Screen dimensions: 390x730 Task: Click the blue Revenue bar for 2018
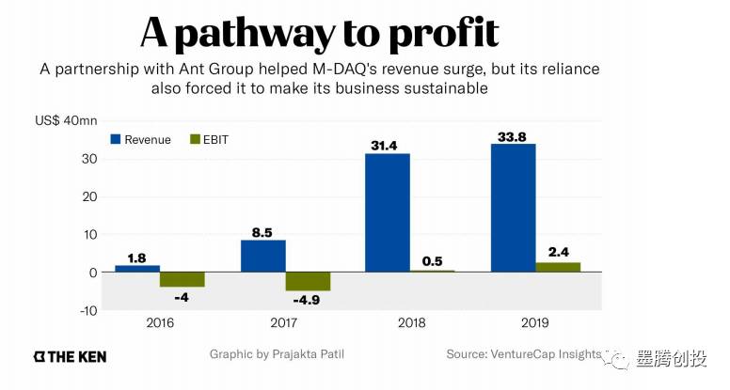click(388, 212)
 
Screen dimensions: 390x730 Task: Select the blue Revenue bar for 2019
click(514, 208)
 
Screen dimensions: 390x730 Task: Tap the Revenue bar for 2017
click(262, 256)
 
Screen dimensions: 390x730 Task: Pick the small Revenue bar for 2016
click(137, 269)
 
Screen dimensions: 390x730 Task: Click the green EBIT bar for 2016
click(182, 279)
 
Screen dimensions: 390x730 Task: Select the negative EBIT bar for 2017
click(308, 282)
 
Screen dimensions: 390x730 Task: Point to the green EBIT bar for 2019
click(558, 267)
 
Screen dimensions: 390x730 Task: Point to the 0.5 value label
click(433, 259)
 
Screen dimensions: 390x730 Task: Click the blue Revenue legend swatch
click(117, 139)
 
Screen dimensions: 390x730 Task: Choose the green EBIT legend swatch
click(196, 139)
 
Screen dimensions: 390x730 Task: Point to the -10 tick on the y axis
click(88, 310)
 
